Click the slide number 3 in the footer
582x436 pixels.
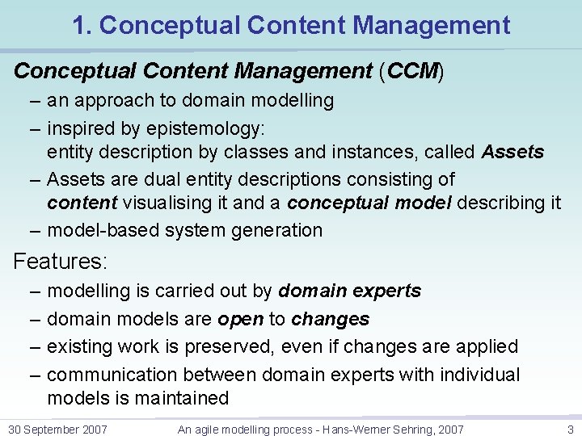[x=570, y=429]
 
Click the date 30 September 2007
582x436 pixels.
[x=57, y=429]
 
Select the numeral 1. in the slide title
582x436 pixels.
[x=81, y=25]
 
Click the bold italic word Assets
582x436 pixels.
[x=512, y=152]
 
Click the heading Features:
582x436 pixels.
[x=61, y=262]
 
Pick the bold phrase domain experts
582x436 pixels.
[x=349, y=291]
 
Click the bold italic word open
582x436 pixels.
[x=240, y=319]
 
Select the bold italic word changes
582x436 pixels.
[x=330, y=319]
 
